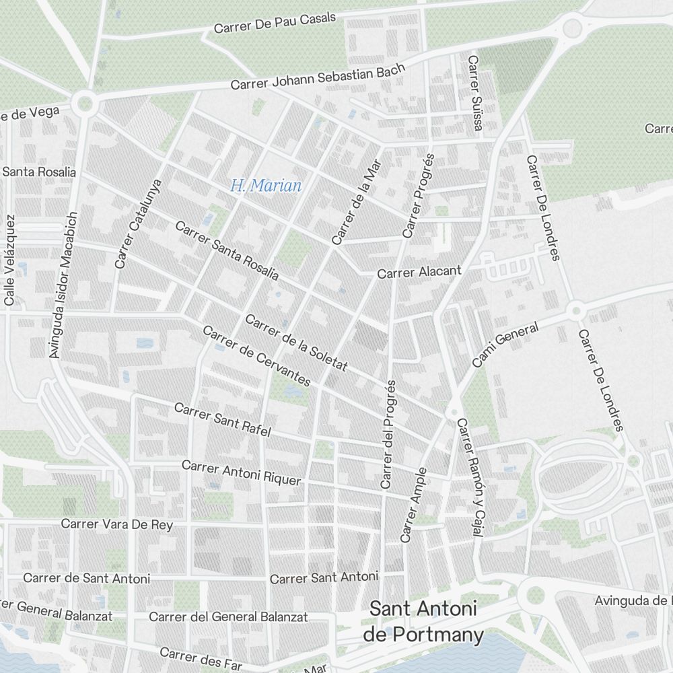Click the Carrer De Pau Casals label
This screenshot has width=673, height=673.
pos(275,23)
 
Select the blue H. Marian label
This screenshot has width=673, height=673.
pos(265,186)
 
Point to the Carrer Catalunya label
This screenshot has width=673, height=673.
pos(139,223)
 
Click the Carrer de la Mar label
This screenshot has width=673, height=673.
pos(356,201)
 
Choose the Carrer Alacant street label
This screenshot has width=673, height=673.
pos(419,272)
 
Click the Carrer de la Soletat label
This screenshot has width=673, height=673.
pos(296,343)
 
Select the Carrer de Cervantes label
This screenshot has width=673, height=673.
pos(256,357)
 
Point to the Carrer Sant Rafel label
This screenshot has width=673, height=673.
pos(222,420)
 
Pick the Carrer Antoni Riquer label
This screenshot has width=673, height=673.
pos(241,472)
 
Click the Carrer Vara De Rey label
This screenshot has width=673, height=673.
pos(116,524)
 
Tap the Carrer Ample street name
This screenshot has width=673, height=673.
pos(413,505)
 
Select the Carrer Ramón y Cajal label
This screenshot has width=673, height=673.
pos(470,479)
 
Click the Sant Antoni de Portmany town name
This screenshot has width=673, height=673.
pos(423,622)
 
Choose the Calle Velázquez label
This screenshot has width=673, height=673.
pos(9,260)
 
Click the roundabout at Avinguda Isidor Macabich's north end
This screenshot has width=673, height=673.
pos(85,104)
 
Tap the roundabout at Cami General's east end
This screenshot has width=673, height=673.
pos(575,310)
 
